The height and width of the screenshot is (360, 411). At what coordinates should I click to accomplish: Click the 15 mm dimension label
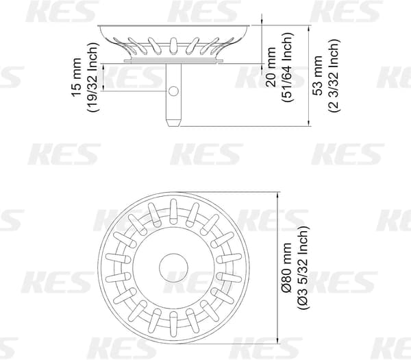pyautogui.click(x=76, y=77)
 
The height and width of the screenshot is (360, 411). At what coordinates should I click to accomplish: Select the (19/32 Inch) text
pyautogui.click(x=92, y=77)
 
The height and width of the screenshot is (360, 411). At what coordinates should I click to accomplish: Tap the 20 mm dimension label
pyautogui.click(x=271, y=67)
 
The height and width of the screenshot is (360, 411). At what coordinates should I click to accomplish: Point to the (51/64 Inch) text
pyautogui.click(x=287, y=67)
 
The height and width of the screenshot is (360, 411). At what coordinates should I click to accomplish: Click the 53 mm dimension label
pyautogui.click(x=319, y=75)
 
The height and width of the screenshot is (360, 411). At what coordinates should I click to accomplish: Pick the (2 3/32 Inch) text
pyautogui.click(x=334, y=75)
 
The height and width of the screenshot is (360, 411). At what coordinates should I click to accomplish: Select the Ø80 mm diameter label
pyautogui.click(x=286, y=267)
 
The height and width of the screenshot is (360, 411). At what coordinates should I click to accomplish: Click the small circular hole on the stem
pyautogui.click(x=173, y=91)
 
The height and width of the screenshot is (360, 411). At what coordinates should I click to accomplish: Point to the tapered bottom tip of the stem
pyautogui.click(x=173, y=123)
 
